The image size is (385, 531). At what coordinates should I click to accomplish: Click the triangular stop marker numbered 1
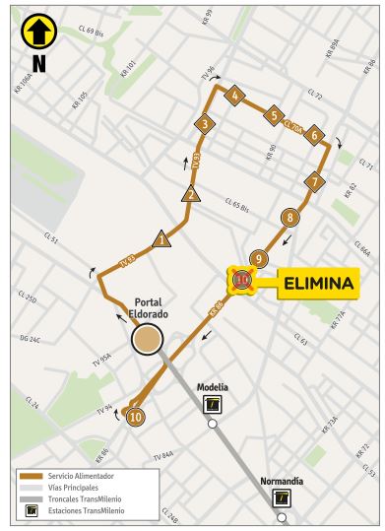[x=162, y=238]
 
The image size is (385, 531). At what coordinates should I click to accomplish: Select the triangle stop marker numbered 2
[x=188, y=193]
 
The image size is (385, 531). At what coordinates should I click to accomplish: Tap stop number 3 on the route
[x=204, y=124]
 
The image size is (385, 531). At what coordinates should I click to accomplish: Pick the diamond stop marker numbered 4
[x=234, y=95]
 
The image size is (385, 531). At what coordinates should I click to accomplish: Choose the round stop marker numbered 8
[x=289, y=217]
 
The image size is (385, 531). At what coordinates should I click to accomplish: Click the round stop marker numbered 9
[x=258, y=258]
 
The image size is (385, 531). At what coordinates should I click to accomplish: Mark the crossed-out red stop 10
[x=243, y=282]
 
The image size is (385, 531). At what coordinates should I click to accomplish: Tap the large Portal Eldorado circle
[x=147, y=340]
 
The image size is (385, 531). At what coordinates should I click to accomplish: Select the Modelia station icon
[x=214, y=405]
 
